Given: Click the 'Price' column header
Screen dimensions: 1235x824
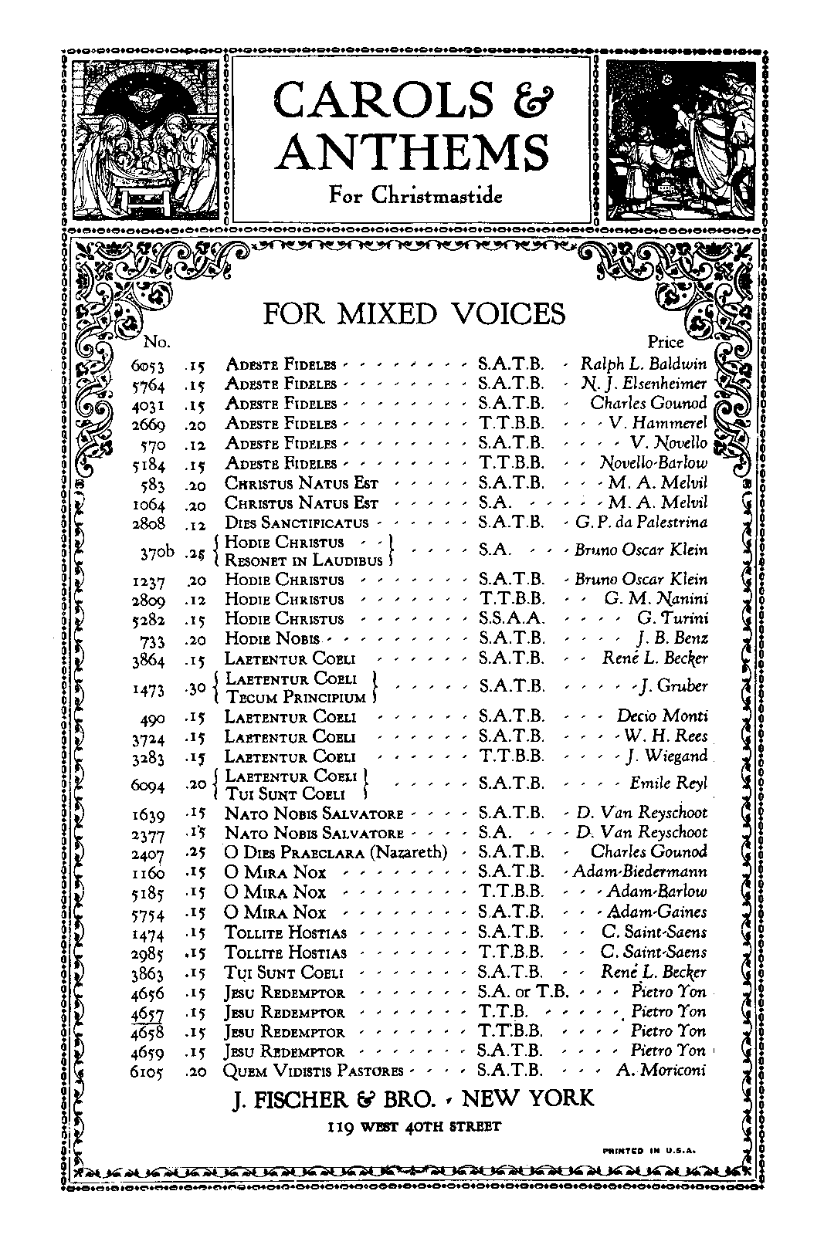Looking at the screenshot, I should tap(666, 341).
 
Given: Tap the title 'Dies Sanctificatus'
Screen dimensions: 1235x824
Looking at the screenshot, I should tap(287, 523).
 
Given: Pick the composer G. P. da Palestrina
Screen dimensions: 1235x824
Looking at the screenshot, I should tap(641, 523).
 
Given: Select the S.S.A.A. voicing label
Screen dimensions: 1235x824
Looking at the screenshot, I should tap(512, 619).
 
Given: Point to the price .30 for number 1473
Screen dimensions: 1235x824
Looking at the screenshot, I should tap(197, 688).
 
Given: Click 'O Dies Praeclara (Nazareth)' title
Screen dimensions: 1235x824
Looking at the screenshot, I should tap(336, 852).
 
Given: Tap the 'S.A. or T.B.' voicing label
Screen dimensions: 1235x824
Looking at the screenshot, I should tap(523, 993).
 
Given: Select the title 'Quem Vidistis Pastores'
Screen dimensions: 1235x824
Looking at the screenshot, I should tap(314, 1071).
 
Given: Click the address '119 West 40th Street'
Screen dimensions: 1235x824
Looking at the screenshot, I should tap(413, 1126).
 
